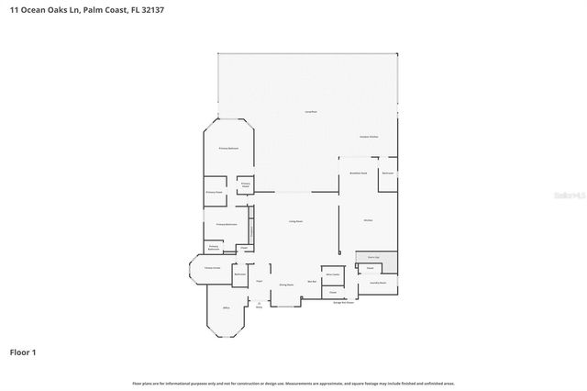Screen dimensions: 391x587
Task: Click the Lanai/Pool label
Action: (x=311, y=111)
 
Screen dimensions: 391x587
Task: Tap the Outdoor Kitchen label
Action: (x=369, y=137)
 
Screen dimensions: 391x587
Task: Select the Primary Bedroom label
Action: (x=228, y=148)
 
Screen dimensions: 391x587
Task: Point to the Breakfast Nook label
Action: (x=359, y=173)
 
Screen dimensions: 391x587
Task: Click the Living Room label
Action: (x=296, y=221)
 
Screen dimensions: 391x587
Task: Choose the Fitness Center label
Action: (x=210, y=267)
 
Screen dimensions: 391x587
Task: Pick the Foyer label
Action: (x=260, y=280)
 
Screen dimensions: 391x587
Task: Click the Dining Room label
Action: (x=286, y=285)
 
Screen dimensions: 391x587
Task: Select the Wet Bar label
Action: (x=312, y=282)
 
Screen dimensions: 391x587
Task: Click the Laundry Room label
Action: (x=377, y=284)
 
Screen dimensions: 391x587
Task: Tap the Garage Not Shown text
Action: (x=343, y=303)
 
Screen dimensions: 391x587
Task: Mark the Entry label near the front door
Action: (x=259, y=307)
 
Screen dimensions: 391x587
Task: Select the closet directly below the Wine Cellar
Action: (x=333, y=292)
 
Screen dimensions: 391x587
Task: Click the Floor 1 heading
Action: (x=23, y=352)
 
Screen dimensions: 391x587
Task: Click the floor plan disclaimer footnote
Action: (x=293, y=383)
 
